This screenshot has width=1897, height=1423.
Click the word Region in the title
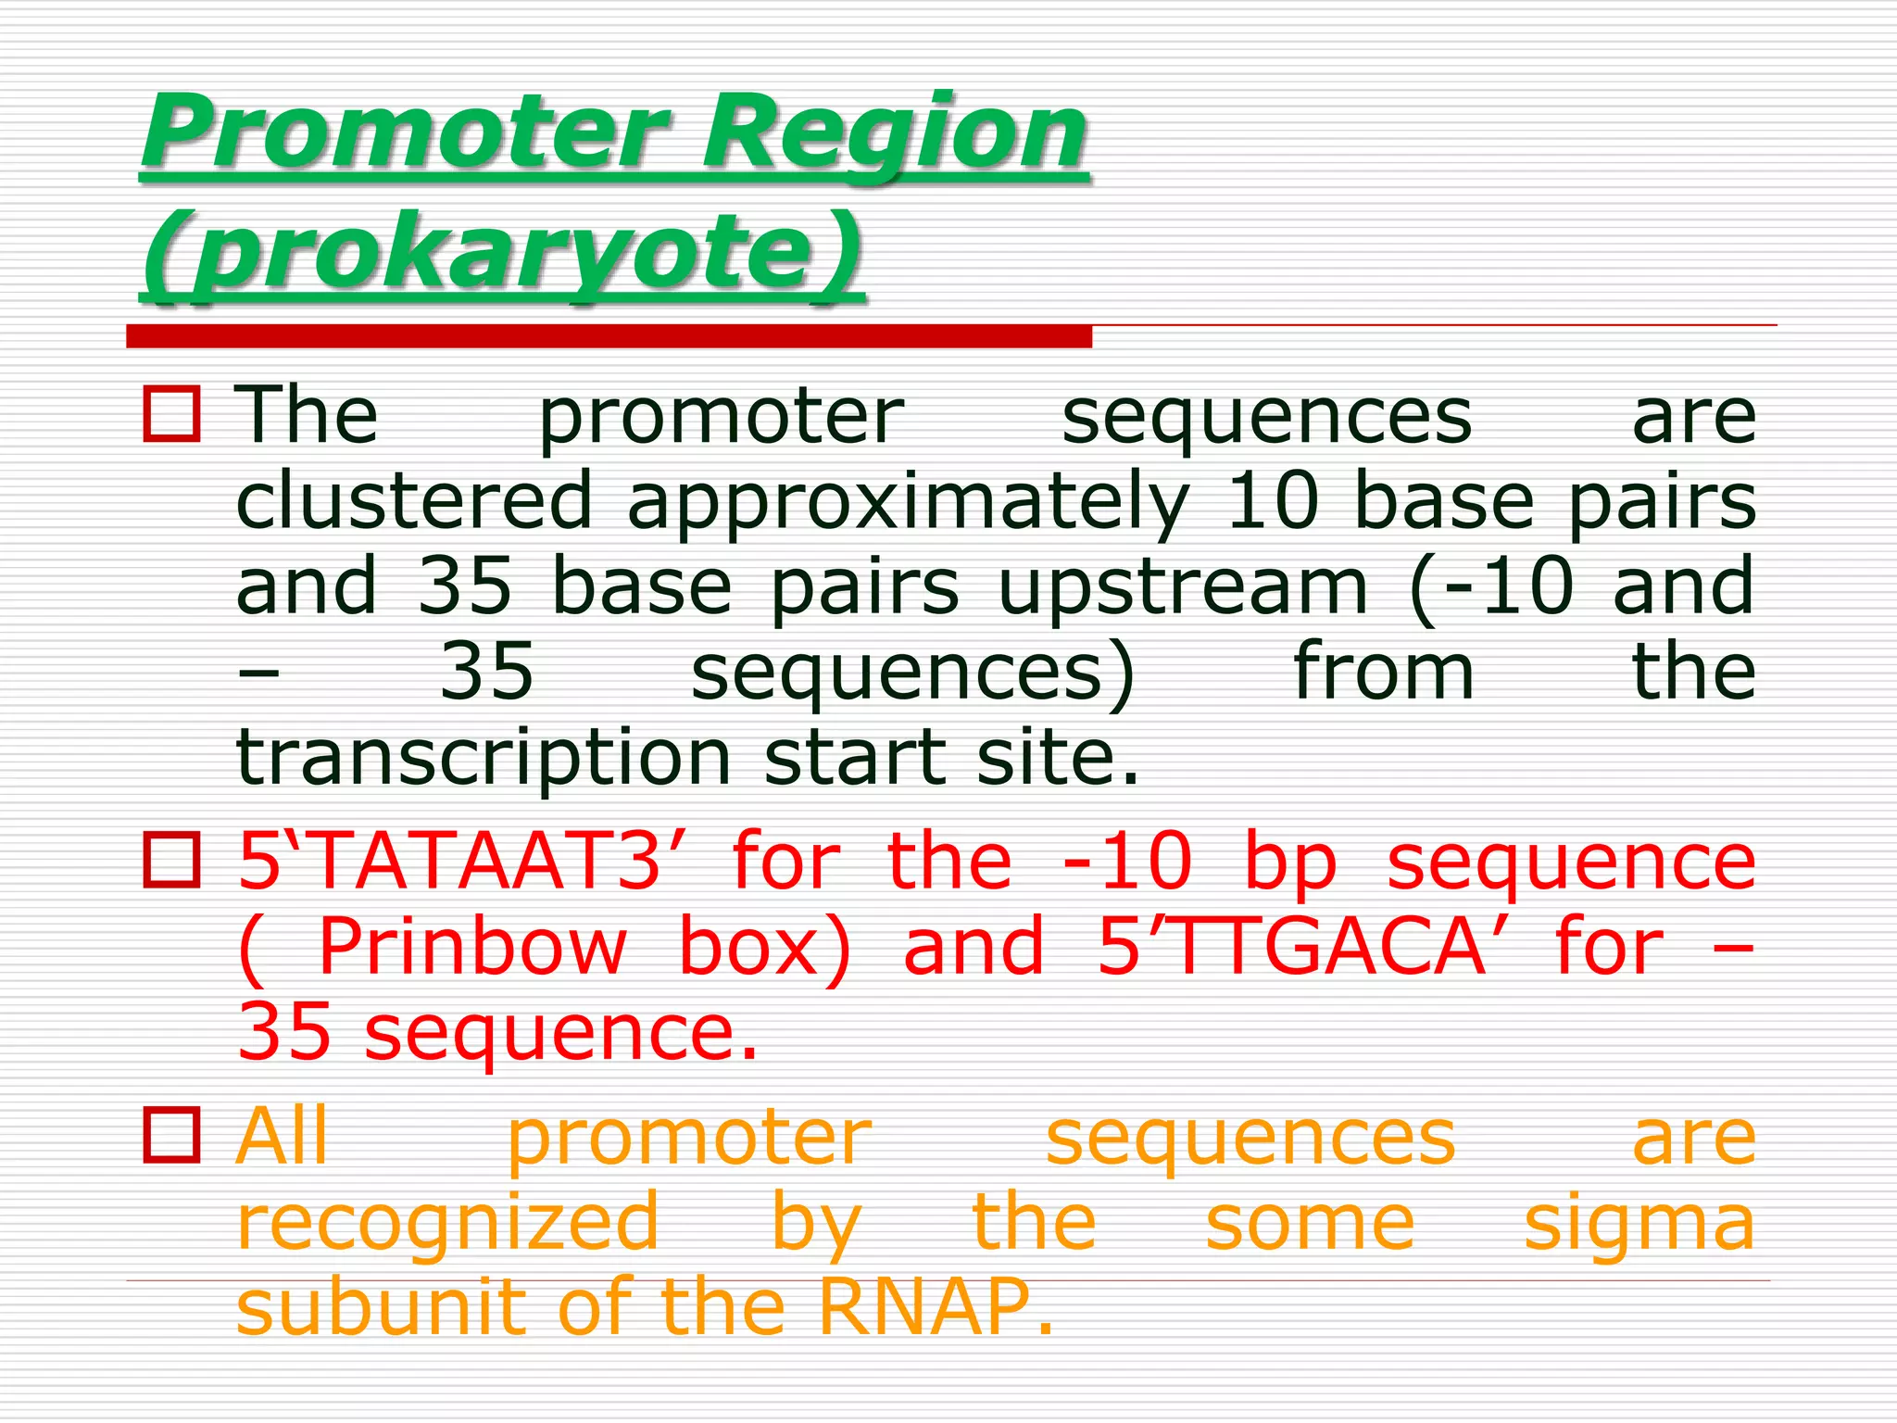(x=895, y=134)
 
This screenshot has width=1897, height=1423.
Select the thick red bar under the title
(x=609, y=336)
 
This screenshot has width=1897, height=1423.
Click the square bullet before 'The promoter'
(x=171, y=414)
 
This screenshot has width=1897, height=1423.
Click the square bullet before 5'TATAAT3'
(x=171, y=860)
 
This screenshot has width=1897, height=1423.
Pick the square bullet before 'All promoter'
(x=171, y=1135)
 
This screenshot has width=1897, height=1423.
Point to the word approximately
(x=908, y=503)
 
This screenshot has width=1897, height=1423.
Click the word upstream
(x=1183, y=588)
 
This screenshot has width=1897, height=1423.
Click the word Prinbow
(x=472, y=946)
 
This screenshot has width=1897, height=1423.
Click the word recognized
(x=447, y=1223)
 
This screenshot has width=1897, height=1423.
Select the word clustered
(x=413, y=501)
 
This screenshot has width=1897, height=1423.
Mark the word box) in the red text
(x=765, y=946)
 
